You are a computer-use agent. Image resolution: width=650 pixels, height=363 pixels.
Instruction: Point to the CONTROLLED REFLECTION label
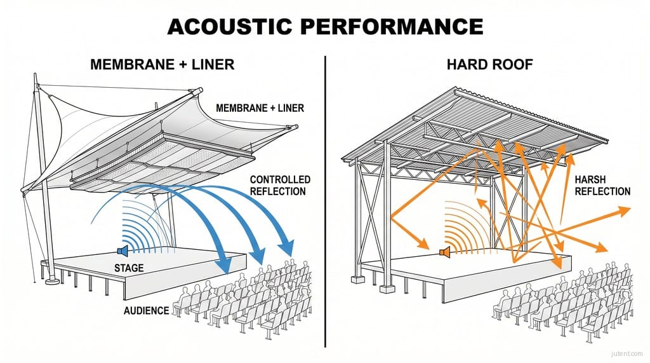(x=280, y=186)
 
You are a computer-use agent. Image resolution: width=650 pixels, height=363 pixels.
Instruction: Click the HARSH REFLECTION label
(x=602, y=186)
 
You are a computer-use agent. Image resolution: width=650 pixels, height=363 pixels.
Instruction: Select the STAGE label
(x=129, y=268)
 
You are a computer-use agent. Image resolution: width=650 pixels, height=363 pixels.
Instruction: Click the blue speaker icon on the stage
(x=123, y=252)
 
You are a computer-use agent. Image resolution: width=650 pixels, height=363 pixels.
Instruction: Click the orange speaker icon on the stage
(x=445, y=253)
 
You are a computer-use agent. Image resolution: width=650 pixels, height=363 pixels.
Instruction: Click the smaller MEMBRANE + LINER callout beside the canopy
(x=260, y=108)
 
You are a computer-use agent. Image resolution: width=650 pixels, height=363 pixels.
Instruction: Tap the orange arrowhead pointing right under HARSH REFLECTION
(x=625, y=209)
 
